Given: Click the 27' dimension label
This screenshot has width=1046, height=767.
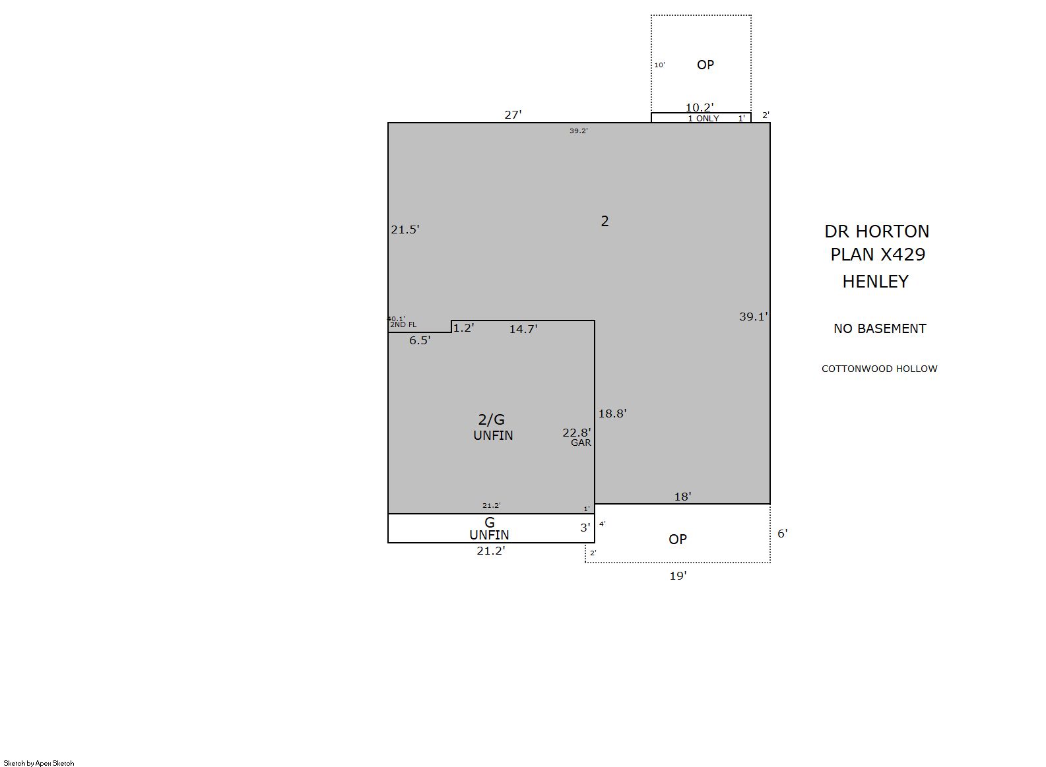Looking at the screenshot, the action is coord(512,114).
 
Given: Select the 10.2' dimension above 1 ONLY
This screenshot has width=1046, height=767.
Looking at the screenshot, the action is coord(699,107).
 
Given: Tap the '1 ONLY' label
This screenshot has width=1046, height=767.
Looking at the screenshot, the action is coord(703,119).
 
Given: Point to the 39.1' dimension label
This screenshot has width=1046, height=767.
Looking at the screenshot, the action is coord(753,317).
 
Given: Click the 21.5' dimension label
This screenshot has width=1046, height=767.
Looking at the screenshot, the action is coord(405,230).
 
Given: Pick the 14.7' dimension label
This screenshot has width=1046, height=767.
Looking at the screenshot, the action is coord(523,329).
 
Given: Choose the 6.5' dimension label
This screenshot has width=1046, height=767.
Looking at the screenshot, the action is coord(419,340).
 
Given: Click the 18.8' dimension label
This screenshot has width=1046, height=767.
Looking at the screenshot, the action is coord(612,414).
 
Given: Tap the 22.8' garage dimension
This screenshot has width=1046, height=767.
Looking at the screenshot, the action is coord(577,433).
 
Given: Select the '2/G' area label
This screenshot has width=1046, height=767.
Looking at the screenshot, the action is coord(491,419).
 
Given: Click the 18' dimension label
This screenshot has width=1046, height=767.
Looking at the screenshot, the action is coord(682,497).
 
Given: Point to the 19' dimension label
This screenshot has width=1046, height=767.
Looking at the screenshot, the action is coord(678,576).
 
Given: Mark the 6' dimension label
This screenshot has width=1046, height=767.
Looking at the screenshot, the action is coord(782,534).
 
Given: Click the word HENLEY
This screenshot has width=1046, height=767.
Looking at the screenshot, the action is coord(875,282).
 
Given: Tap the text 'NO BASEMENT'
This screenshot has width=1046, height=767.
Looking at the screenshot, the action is coord(880,328).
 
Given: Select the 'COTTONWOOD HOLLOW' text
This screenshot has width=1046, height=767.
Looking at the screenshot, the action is coord(879,369).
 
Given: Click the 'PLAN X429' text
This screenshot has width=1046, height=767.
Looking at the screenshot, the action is coord(878,255).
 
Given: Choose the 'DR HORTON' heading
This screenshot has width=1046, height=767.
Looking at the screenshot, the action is coord(876,231).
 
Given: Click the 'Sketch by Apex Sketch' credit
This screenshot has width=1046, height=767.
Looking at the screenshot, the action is coord(39,763).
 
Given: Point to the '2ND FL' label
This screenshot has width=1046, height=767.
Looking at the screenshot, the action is coord(403,324).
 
